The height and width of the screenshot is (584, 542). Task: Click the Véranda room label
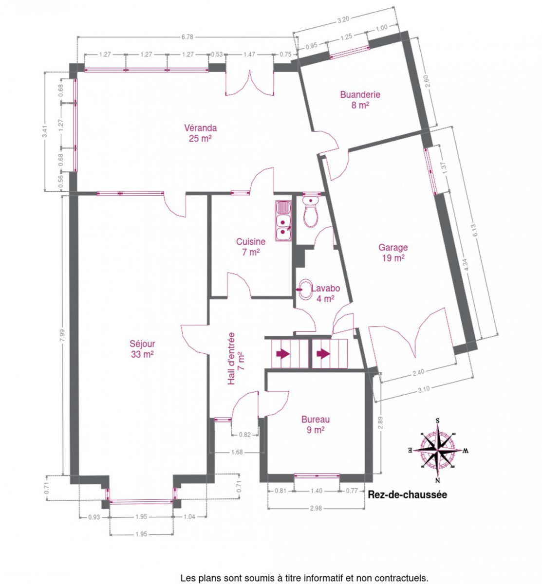click(x=200, y=133)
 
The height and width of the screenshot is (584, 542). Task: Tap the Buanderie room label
click(x=360, y=100)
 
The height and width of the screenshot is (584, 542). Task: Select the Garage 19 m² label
click(x=393, y=253)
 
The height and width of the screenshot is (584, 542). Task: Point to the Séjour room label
click(x=142, y=349)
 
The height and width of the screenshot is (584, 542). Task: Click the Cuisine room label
click(x=251, y=247)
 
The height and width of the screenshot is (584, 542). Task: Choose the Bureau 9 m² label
click(x=316, y=424)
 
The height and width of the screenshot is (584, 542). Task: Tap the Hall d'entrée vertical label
click(x=236, y=359)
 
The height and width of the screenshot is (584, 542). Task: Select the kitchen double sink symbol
click(x=283, y=221)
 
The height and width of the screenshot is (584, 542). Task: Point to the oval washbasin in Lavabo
click(x=305, y=290)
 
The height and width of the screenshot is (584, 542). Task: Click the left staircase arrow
click(x=283, y=354)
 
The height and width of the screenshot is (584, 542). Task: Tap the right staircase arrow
click(x=323, y=354)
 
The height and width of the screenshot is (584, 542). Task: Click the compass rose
click(x=438, y=450)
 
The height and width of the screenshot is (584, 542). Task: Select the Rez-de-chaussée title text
click(x=407, y=495)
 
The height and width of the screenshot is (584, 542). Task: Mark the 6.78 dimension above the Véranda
click(x=187, y=37)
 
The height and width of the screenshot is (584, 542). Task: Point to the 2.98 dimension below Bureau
click(x=316, y=509)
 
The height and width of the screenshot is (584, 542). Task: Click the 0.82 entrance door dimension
click(x=245, y=435)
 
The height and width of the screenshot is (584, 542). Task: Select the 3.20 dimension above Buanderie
click(x=343, y=19)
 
